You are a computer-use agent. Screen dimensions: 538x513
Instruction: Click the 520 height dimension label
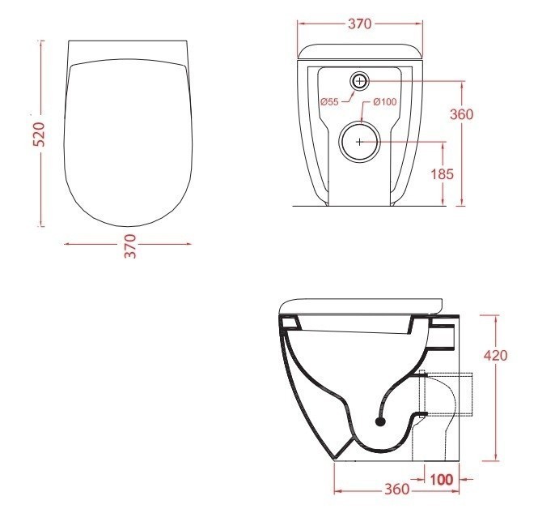tap(40, 134)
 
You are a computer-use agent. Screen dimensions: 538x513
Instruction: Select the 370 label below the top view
tap(131, 246)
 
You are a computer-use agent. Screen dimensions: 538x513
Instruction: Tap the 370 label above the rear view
tap(359, 24)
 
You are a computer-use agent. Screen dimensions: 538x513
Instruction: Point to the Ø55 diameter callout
tap(329, 101)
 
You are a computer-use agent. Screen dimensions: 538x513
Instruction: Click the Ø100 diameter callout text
tap(384, 101)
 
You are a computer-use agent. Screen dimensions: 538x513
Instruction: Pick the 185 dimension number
tap(442, 174)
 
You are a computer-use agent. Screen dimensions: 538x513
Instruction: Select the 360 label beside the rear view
tap(461, 114)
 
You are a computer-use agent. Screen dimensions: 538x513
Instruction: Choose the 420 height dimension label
tap(495, 355)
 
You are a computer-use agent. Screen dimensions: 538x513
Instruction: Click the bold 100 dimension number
tap(441, 480)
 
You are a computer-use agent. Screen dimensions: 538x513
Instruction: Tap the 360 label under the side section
tap(396, 489)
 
